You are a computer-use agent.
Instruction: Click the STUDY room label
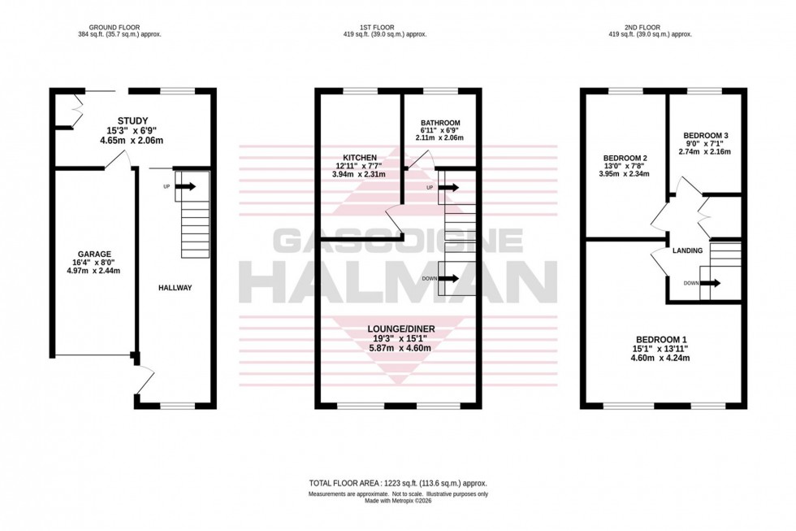pos(132,121)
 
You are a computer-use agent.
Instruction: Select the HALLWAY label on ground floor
pos(175,288)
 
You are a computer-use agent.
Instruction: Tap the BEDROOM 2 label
pos(625,158)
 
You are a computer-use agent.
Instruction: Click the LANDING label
pos(687,251)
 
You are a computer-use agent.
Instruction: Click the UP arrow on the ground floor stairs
pos(185,186)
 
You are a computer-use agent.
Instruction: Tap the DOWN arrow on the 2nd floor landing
pos(710,283)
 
